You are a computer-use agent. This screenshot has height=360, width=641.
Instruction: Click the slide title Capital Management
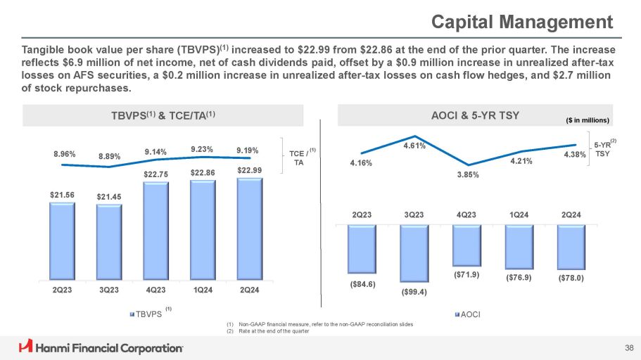[x=523, y=21]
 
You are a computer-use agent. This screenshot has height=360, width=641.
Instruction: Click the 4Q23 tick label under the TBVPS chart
[x=156, y=290]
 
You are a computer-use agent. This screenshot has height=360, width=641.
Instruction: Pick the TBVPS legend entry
[x=146, y=314]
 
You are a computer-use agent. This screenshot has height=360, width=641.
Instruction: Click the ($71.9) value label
[x=466, y=275]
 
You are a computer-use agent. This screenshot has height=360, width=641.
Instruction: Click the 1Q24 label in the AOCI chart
[x=518, y=214]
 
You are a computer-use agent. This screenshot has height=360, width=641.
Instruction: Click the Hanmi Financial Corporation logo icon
[x=26, y=346]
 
